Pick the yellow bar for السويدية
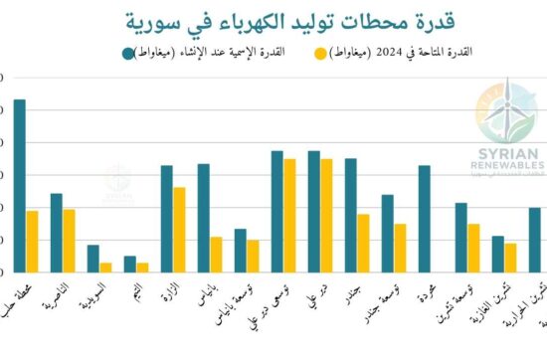pyautogui.click(x=105, y=267)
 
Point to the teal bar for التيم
pyautogui.click(x=130, y=264)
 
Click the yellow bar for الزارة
pyautogui.click(x=179, y=229)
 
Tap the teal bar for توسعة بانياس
pyautogui.click(x=241, y=250)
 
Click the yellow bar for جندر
pyautogui.click(x=363, y=243)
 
